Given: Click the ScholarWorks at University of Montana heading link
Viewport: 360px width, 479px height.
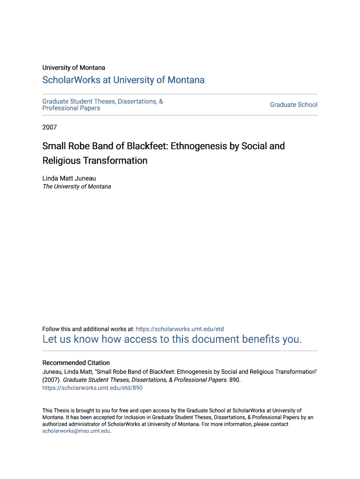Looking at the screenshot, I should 123,80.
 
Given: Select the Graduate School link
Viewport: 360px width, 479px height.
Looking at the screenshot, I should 293,105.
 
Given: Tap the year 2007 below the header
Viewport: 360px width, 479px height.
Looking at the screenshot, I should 50,127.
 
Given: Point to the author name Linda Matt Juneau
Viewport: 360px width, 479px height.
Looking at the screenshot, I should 69,178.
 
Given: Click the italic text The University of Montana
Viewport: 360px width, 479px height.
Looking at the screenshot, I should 77,186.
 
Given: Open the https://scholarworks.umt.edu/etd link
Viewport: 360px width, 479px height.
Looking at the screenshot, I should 180,329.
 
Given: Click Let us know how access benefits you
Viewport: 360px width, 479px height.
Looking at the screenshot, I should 172,339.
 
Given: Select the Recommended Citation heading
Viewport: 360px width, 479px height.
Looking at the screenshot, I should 76,363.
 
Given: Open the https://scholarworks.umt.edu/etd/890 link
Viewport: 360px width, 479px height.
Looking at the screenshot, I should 93,388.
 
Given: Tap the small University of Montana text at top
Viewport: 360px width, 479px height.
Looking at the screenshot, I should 74,68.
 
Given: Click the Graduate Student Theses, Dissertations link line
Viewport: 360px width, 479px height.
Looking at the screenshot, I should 102,102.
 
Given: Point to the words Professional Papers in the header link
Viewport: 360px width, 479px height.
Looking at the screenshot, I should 71,108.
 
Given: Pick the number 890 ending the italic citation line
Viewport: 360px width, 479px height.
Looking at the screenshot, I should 234,380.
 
